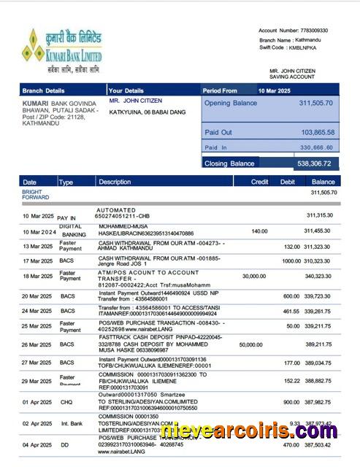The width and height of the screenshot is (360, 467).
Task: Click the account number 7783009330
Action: pyautogui.click(x=314, y=31)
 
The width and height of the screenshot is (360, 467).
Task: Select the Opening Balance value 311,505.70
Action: pyautogui.click(x=316, y=104)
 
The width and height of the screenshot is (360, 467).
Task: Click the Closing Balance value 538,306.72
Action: pyautogui.click(x=315, y=163)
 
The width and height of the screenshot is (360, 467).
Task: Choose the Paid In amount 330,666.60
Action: pyautogui.click(x=318, y=147)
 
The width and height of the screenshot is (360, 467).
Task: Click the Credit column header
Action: pyautogui.click(x=259, y=182)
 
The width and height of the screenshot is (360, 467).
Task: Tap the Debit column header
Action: pyautogui.click(x=288, y=182)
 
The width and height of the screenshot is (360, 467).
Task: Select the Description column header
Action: pyautogui.click(x=115, y=182)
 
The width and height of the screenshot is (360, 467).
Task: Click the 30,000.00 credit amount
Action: pyautogui.click(x=253, y=277)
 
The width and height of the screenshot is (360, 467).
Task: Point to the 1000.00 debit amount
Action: pyautogui.click(x=291, y=261)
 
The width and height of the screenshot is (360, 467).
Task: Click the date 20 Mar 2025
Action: pyautogui.click(x=37, y=296)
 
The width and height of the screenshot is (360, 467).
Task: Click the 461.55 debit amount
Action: pyautogui.click(x=291, y=311)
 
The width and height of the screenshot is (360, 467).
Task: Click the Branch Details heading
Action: pyautogui.click(x=44, y=90)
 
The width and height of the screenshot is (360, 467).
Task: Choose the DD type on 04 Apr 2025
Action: pyautogui.click(x=64, y=445)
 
